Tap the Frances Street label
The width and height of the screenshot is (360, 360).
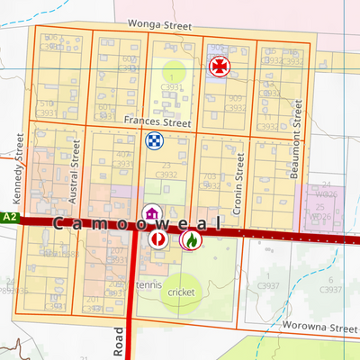coord(158,121)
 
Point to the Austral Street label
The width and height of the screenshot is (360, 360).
coord(76,177)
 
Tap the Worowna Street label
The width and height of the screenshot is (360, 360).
coord(314,327)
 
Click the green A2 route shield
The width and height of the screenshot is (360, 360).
coord(7,218)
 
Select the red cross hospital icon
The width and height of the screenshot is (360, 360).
coord(218,66)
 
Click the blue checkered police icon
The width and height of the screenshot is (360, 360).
coord(154,140)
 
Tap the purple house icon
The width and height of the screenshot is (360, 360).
coord(153,214)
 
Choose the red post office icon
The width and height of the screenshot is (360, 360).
coord(157,239)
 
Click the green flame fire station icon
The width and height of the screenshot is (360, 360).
coord(190,239)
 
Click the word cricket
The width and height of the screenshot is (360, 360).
coord(181,292)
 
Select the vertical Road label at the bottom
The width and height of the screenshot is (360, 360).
coord(119,343)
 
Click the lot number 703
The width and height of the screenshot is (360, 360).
coord(209,177)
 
